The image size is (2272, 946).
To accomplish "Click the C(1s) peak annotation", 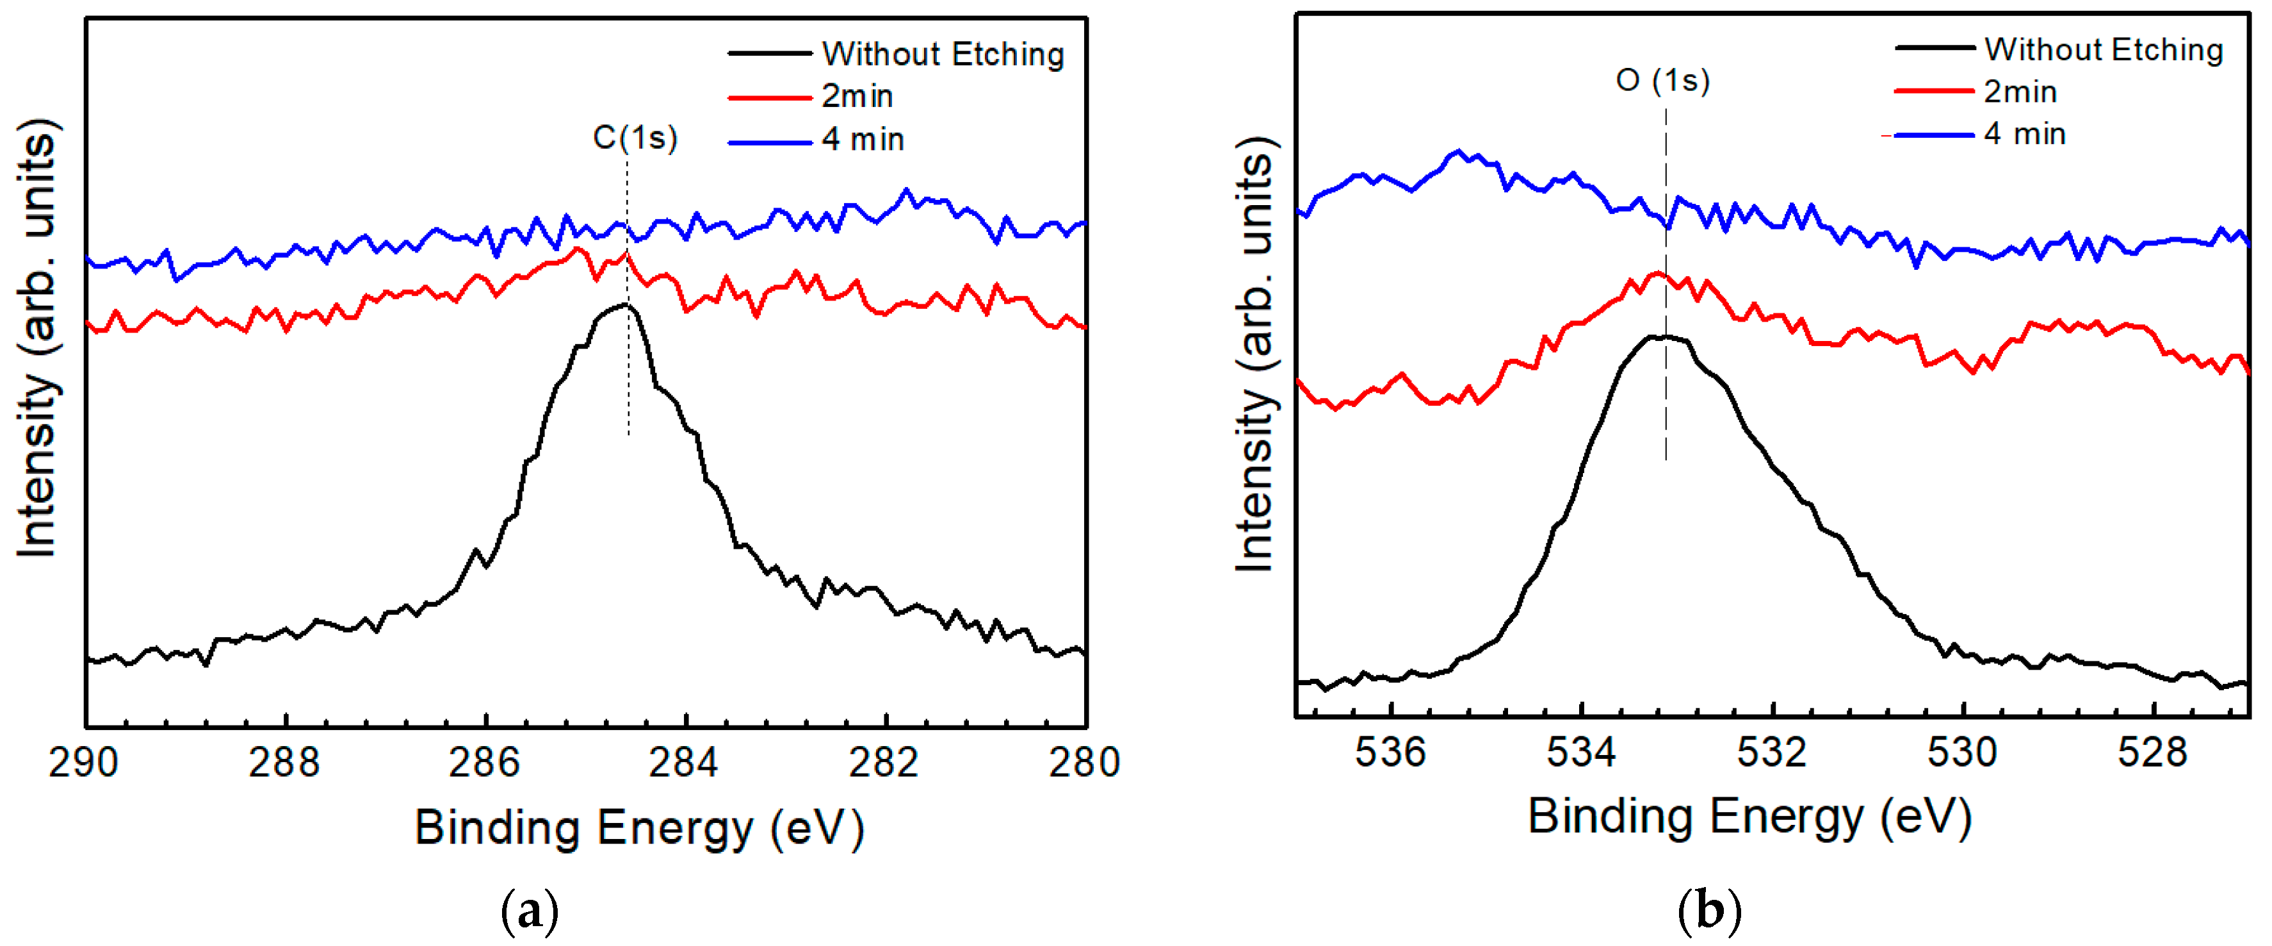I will pyautogui.click(x=635, y=138).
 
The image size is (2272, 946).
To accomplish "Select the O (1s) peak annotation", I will pyautogui.click(x=1662, y=80).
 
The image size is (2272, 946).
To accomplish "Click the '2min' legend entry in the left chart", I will pyautogui.click(x=857, y=96).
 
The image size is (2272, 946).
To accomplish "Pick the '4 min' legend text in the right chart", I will pyautogui.click(x=2025, y=134).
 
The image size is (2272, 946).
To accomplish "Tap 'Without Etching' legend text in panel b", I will pyautogui.click(x=2104, y=50).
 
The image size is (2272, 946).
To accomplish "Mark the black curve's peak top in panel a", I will pyautogui.click(x=624, y=305).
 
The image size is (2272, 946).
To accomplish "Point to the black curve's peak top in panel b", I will pyautogui.click(x=1658, y=336).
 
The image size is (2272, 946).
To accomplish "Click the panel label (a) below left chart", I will pyautogui.click(x=529, y=911).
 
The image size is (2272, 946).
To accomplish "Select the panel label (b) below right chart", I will pyautogui.click(x=1709, y=911).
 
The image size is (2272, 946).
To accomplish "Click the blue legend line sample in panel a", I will pyautogui.click(x=769, y=141).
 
